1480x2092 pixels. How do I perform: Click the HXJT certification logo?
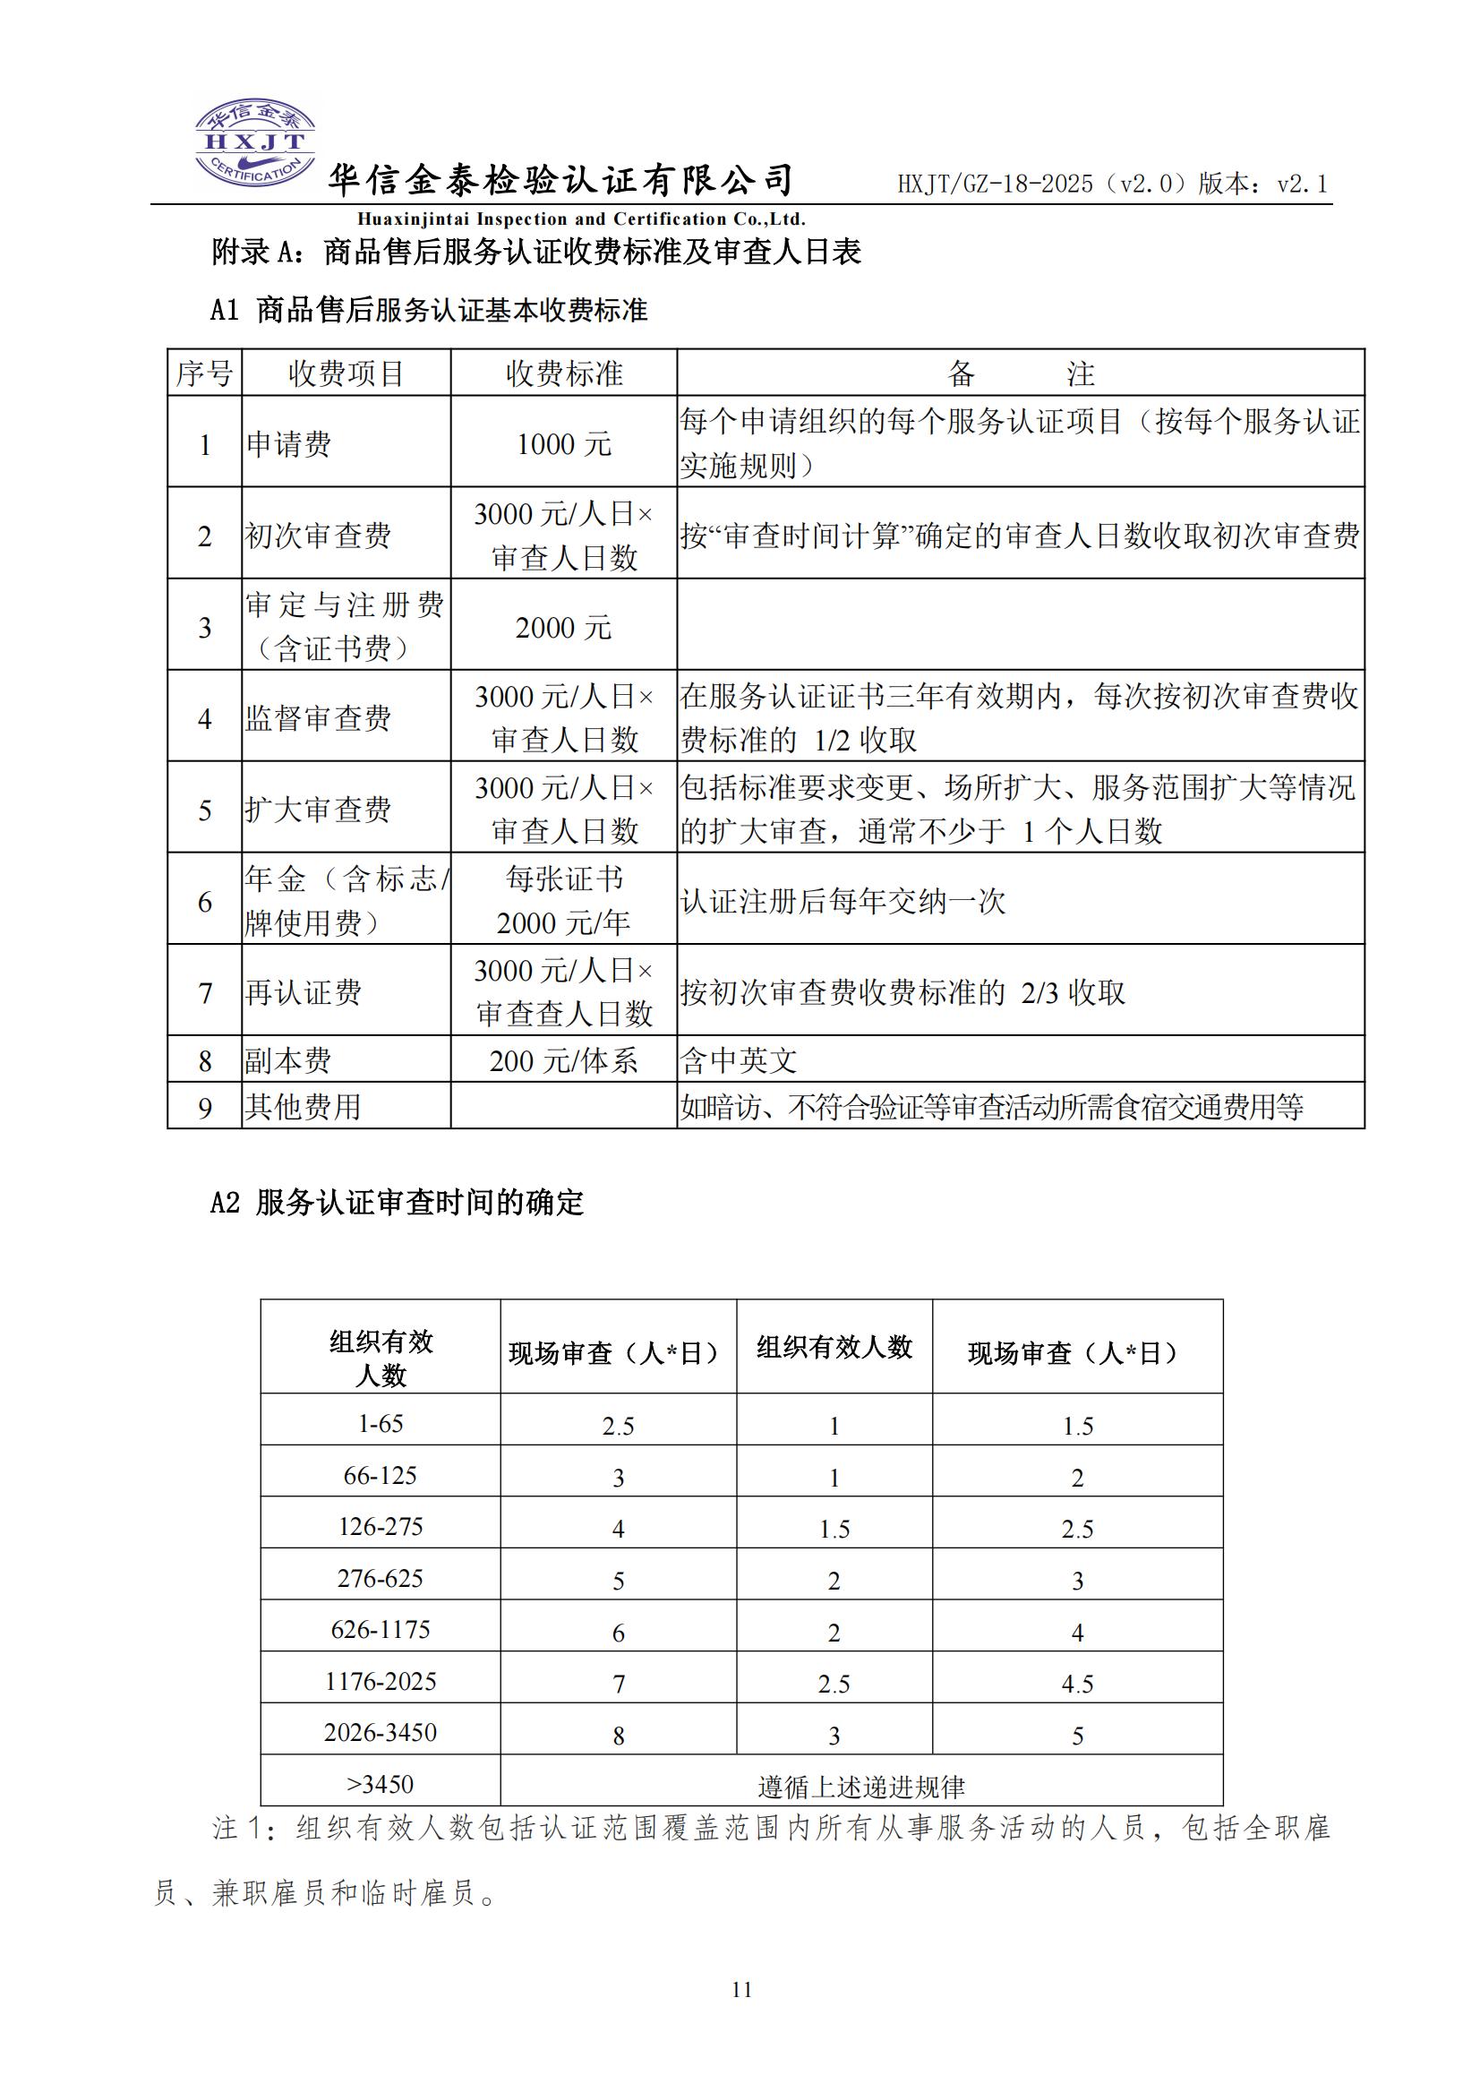(255, 144)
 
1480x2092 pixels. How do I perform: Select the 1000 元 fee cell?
(563, 444)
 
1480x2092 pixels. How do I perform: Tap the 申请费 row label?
(289, 444)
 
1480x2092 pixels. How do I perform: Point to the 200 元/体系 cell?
(563, 1060)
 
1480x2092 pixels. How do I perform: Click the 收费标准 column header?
(563, 373)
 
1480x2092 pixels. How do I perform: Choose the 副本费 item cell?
(288, 1060)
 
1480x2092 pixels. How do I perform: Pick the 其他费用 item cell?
(303, 1107)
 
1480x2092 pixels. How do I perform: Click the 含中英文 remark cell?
(738, 1060)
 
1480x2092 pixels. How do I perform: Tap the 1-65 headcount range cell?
(380, 1424)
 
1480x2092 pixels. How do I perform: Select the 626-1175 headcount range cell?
(380, 1629)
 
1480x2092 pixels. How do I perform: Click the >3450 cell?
(380, 1784)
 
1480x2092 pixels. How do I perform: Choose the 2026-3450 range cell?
(380, 1732)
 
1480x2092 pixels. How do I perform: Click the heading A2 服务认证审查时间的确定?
(397, 1204)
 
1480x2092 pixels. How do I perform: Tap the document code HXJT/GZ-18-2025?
(996, 184)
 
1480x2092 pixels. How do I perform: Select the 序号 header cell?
(204, 373)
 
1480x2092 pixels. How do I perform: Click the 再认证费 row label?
(303, 991)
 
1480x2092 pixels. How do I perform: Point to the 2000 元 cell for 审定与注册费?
(563, 627)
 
